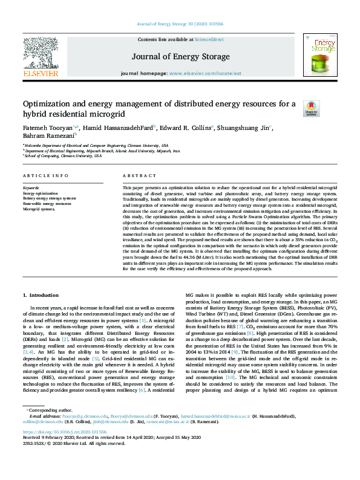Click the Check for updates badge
tap(311, 109)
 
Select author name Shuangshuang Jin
tap(246, 128)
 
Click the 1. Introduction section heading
tap(41, 295)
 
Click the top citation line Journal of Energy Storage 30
tap(180, 24)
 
